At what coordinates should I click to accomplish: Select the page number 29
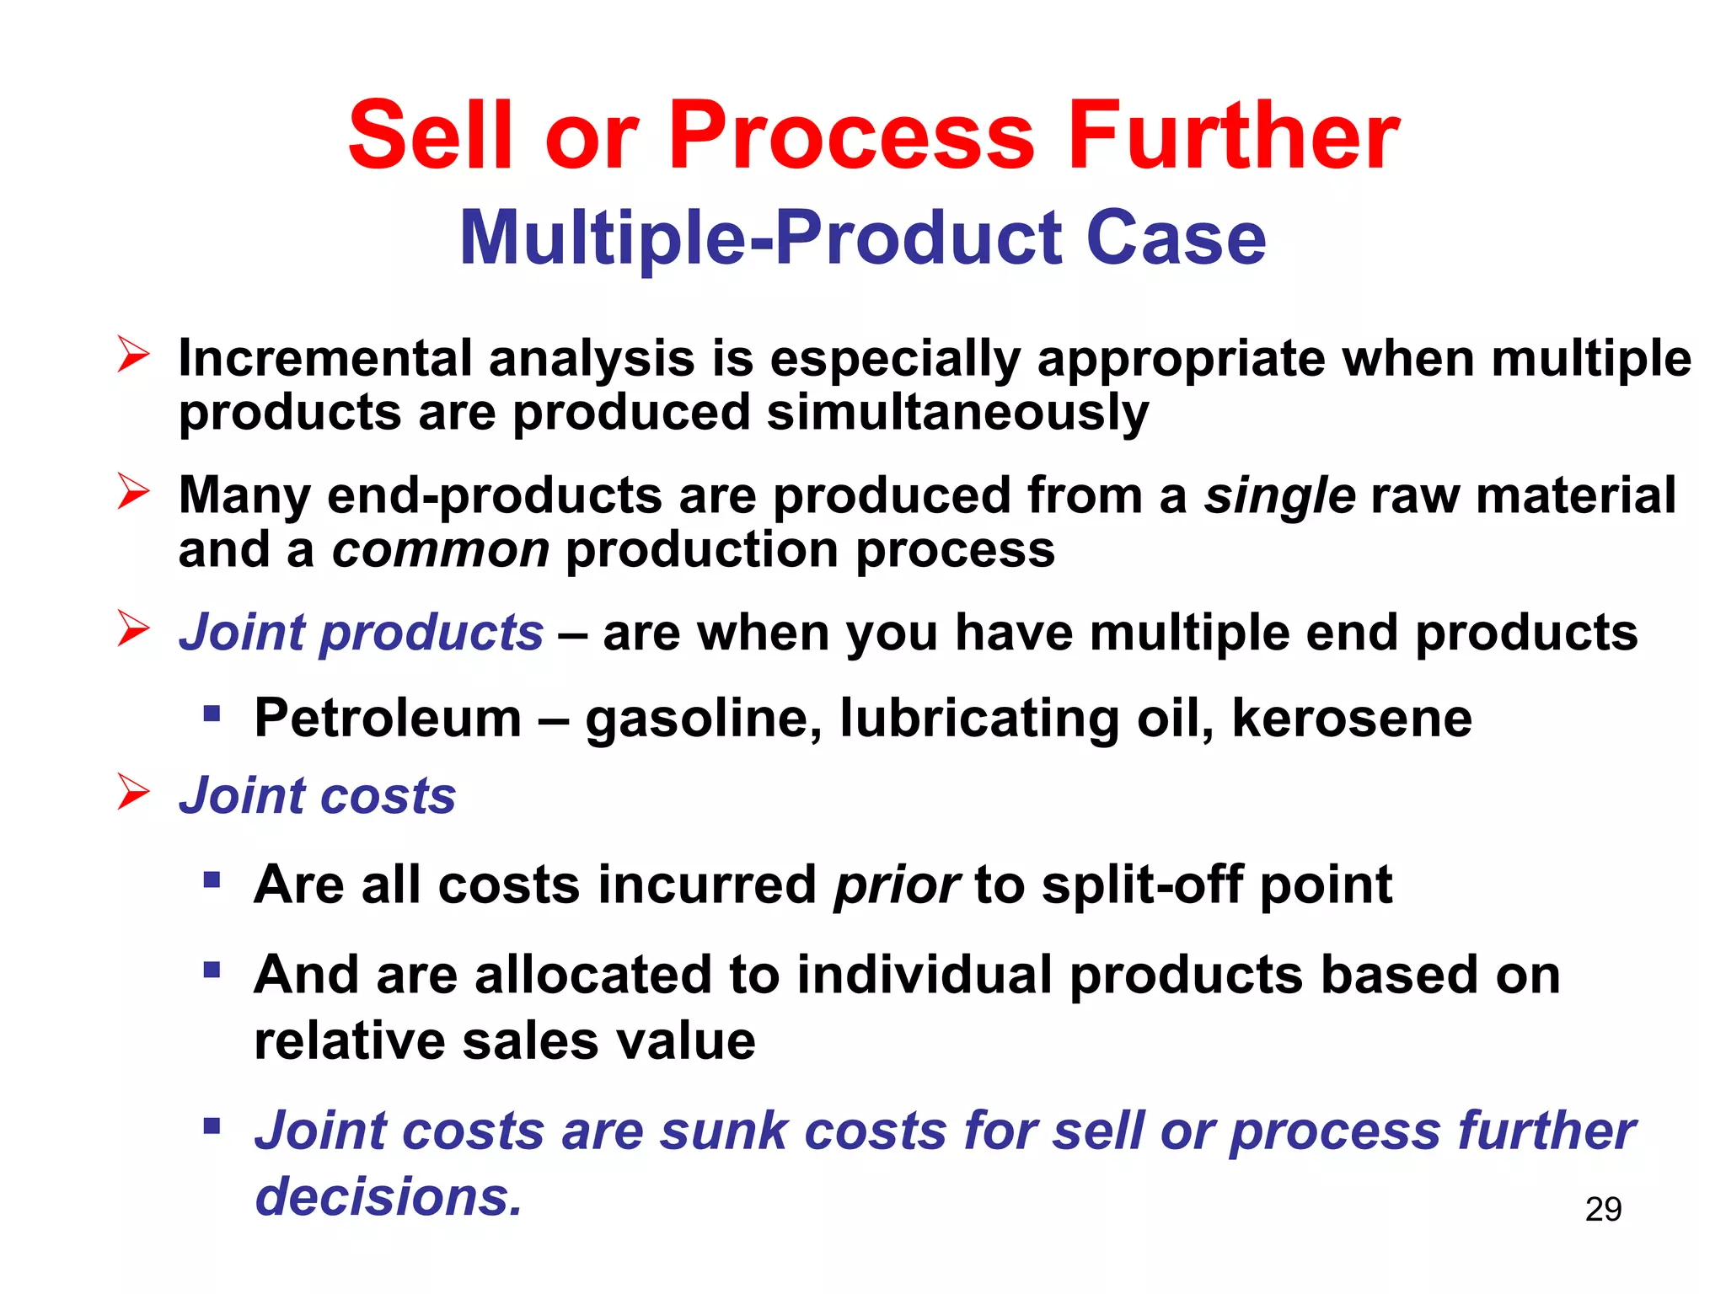pos(1603,1209)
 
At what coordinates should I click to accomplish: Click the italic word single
pos(1279,495)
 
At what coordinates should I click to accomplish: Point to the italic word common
pos(440,550)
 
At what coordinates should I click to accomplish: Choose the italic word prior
pos(896,885)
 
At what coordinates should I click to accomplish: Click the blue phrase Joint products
pos(361,632)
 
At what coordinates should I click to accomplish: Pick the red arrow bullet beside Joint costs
pos(133,792)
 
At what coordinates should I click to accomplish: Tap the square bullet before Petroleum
pos(212,715)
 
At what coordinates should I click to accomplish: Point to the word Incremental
pos(325,358)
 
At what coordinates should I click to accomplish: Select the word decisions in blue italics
pos(389,1196)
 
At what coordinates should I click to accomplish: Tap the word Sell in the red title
pos(431,136)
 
